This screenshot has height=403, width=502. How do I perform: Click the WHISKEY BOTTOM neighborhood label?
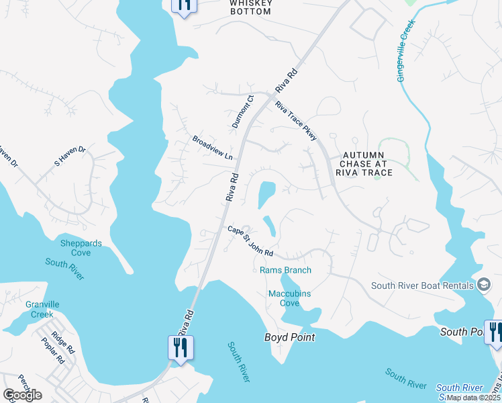click(250, 7)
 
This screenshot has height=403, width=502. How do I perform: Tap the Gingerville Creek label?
click(406, 50)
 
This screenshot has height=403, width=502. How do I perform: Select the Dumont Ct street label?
click(243, 112)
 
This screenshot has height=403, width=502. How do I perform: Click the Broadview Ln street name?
click(212, 148)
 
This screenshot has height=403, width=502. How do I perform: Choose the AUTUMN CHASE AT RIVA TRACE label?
click(366, 163)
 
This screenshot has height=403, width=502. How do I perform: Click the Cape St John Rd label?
click(250, 241)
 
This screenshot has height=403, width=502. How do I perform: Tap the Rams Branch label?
click(285, 270)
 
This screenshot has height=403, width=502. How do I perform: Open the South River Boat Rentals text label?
click(422, 285)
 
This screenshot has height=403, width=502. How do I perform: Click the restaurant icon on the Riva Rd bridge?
click(181, 347)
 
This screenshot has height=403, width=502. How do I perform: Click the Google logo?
click(23, 394)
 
